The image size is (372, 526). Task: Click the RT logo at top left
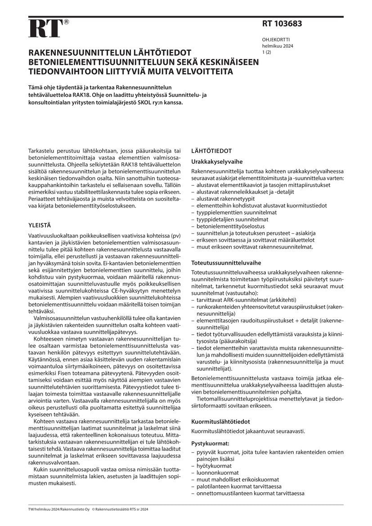[45, 29]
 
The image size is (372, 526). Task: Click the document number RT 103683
[282, 24]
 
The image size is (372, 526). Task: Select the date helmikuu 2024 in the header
[278, 46]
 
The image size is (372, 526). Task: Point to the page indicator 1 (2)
[266, 53]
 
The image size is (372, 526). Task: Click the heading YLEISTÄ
[40, 224]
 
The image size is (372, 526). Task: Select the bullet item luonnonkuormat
[216, 472]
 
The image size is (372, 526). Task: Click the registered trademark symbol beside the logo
[67, 22]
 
